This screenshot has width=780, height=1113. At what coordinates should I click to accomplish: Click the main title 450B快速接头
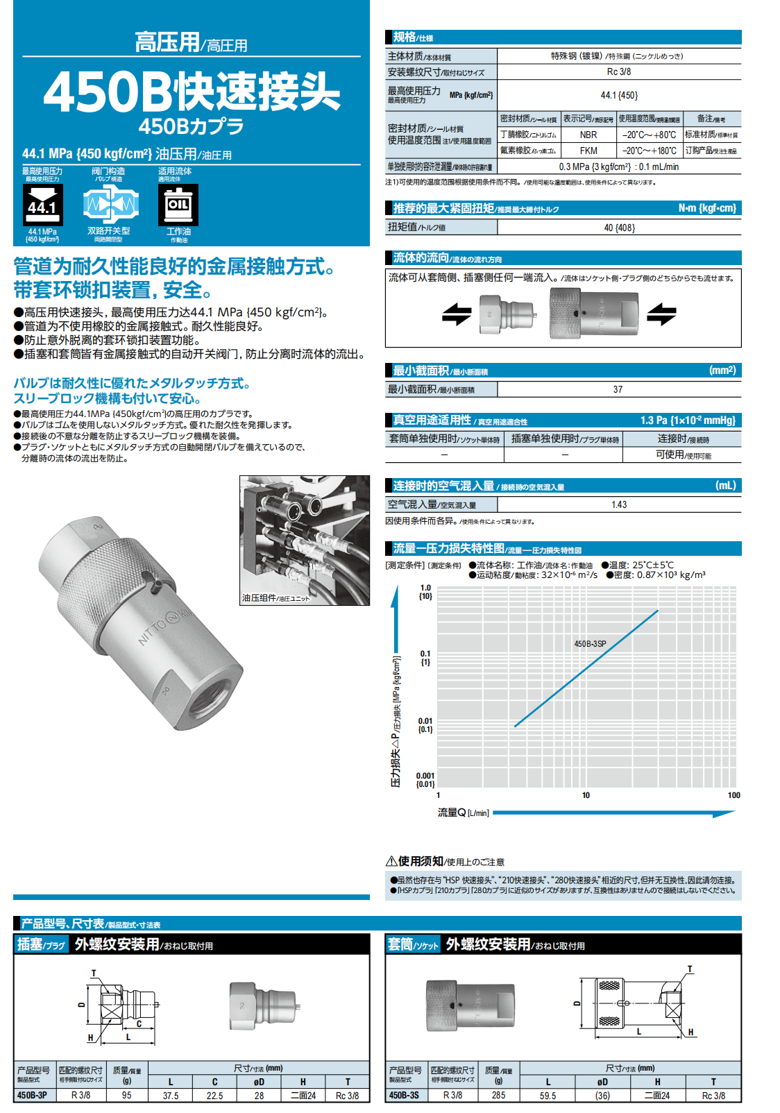[x=192, y=92]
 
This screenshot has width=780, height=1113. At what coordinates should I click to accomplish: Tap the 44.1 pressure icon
[x=42, y=205]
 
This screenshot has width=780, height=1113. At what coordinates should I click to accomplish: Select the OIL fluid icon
[x=178, y=205]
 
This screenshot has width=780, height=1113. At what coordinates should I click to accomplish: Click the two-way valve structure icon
[x=110, y=205]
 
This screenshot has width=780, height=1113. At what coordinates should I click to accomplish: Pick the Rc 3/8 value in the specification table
[x=619, y=71]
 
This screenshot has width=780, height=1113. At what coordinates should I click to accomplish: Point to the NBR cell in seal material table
[x=588, y=135]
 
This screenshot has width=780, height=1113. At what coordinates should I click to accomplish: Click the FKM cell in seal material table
[x=588, y=151]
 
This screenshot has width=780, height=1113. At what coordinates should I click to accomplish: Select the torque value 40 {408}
[x=619, y=228]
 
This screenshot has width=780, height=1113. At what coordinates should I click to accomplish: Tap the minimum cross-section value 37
[x=618, y=389]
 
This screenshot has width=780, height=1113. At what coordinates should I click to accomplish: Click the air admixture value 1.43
[x=619, y=504]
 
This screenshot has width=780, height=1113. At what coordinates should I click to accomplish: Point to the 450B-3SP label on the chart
[x=590, y=644]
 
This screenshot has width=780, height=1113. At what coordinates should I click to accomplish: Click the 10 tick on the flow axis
[x=586, y=795]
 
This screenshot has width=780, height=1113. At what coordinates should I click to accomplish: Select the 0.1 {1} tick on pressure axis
[x=425, y=658]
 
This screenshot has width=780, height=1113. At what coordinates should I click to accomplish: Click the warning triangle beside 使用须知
[x=391, y=861]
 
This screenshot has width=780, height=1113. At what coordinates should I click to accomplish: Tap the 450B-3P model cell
[x=32, y=1095]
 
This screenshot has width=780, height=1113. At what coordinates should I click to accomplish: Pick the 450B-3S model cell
[x=404, y=1095]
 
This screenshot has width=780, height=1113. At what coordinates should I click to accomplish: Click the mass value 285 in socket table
[x=498, y=1095]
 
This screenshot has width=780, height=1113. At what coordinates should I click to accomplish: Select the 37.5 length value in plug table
[x=171, y=1096]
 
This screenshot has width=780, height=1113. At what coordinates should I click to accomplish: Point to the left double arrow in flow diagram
[x=457, y=314]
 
